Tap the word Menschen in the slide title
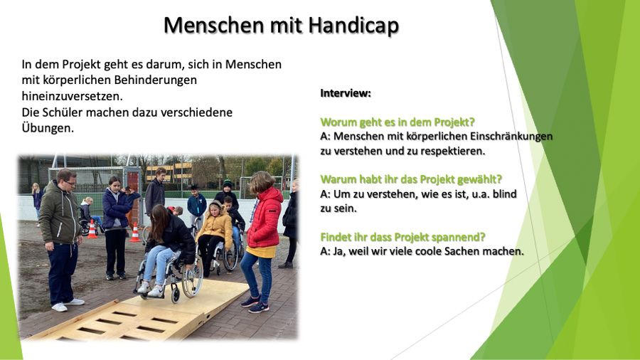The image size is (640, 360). pyautogui.click(x=214, y=26)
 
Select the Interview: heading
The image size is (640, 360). pyautogui.click(x=346, y=93)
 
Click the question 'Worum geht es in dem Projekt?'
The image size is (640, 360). pyautogui.click(x=398, y=122)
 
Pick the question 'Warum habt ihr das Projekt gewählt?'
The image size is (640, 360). pyautogui.click(x=411, y=179)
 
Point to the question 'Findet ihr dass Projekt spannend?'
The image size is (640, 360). pyautogui.click(x=403, y=237)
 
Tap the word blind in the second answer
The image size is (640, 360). pyautogui.click(x=505, y=194)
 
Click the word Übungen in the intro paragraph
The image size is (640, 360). pyautogui.click(x=48, y=128)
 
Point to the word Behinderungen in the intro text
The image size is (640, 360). pyautogui.click(x=155, y=80)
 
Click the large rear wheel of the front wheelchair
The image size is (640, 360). pyautogui.click(x=192, y=276)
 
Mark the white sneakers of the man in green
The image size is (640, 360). pyautogui.click(x=68, y=305)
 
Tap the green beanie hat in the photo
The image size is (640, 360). pyautogui.click(x=228, y=184)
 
